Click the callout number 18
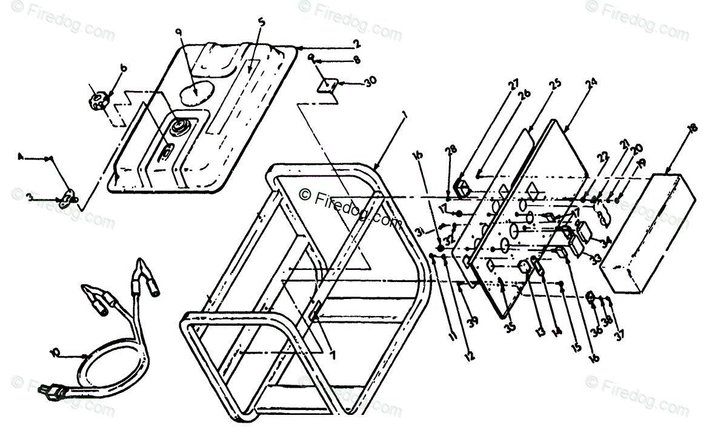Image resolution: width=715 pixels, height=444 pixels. (x=693, y=128)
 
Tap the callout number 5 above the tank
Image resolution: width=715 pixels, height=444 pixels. (x=261, y=22)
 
